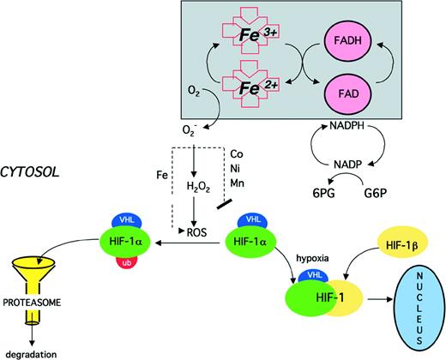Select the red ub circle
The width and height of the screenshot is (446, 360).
click(x=127, y=261)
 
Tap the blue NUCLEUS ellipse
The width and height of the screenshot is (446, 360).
click(x=408, y=308)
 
